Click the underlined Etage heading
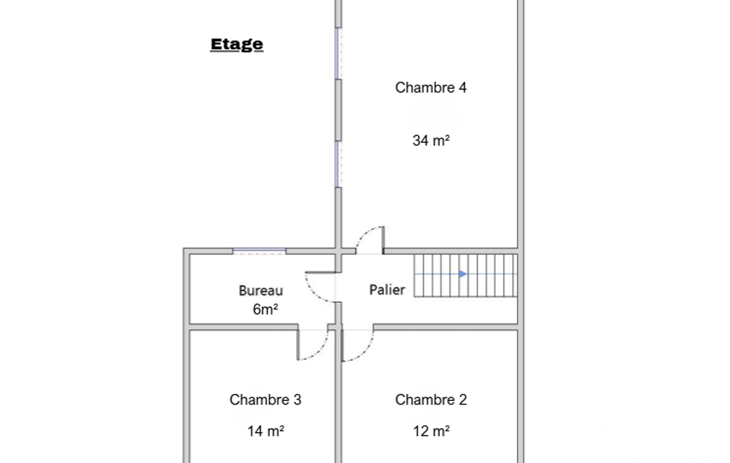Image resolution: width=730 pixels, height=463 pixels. tap(236, 45)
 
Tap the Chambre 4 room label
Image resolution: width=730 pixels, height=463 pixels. tap(431, 88)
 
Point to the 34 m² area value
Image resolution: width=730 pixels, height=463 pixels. tap(431, 140)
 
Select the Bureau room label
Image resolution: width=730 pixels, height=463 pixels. tap(261, 291)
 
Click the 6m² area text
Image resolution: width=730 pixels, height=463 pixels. tap(265, 309)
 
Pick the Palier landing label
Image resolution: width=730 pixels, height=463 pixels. tap(387, 290)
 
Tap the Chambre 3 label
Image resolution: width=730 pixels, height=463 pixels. tap(266, 400)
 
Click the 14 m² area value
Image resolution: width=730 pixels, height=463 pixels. tap(266, 431)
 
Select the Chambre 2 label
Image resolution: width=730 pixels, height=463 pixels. tap(431, 400)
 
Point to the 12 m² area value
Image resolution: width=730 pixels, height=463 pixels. tap(431, 431)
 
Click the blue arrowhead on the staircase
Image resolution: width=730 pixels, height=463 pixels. tap(462, 274)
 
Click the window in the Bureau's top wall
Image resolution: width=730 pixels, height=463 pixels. tap(259, 251)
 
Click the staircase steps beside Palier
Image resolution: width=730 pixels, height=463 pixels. tap(466, 275)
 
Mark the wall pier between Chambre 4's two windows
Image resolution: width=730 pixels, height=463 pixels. tap(338, 110)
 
